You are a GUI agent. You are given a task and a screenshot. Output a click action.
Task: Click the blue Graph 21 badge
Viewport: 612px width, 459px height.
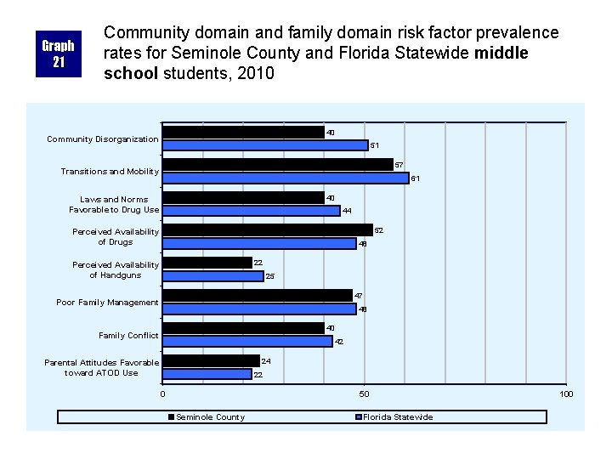[59, 54]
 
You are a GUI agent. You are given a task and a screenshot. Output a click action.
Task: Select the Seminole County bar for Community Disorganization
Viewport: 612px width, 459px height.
[244, 133]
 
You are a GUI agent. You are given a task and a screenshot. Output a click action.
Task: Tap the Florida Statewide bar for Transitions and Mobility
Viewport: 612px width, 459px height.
[286, 178]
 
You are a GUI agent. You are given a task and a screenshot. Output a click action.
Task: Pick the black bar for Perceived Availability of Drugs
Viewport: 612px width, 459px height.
[268, 230]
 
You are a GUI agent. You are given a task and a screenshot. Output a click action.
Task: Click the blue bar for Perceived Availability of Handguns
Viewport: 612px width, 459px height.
[213, 276]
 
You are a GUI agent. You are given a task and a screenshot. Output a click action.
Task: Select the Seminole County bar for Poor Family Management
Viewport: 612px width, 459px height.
[258, 296]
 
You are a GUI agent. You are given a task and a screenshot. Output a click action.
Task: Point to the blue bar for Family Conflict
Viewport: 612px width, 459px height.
[248, 342]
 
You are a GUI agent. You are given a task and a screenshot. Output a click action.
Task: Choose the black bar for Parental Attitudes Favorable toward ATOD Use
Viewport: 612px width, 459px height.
[211, 361]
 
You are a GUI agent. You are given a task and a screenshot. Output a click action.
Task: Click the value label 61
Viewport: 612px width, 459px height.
[416, 178]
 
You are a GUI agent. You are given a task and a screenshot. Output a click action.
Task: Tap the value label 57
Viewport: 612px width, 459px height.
[399, 165]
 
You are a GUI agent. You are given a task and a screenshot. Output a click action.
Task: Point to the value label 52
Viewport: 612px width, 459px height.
[378, 230]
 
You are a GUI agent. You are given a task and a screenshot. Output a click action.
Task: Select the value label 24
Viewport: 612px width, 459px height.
[266, 361]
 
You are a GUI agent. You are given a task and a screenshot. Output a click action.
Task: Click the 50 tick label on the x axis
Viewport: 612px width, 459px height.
[364, 394]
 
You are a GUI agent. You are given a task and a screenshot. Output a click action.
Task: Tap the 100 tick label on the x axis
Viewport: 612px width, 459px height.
[566, 394]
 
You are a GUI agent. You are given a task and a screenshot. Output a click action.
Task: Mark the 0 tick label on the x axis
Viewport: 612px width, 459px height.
[162, 394]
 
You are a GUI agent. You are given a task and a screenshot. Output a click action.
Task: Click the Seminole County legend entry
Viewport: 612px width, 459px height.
[207, 417]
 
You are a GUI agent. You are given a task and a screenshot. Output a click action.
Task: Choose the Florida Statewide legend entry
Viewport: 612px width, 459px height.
[394, 417]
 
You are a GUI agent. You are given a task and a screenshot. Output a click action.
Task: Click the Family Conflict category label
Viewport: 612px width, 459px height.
[128, 336]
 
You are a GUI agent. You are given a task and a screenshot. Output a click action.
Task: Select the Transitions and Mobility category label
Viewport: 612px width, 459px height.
[110, 172]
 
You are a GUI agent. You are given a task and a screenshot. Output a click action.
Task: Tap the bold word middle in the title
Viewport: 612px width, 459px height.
[501, 53]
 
